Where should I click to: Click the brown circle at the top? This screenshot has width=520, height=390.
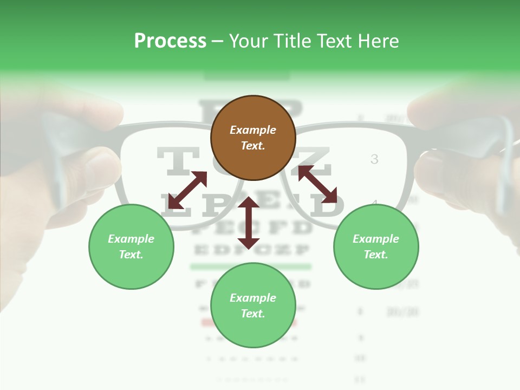[253, 138]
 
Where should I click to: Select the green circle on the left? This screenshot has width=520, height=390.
[131, 246]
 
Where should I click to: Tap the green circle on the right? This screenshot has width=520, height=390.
[376, 246]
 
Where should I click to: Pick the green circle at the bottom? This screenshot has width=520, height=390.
[253, 305]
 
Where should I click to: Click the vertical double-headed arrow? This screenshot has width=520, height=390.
[249, 223]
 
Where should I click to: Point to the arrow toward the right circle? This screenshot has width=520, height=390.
[317, 184]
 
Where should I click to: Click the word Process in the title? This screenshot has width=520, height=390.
[170, 41]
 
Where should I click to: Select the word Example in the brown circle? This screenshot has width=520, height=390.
[253, 130]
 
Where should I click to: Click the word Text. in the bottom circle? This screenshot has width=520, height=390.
[253, 314]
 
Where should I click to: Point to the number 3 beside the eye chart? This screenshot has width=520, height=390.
[374, 159]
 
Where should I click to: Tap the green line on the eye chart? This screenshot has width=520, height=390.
[250, 266]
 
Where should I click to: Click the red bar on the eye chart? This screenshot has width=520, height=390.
[209, 323]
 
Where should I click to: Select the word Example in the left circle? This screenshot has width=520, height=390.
[131, 239]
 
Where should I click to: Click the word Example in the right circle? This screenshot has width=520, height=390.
[376, 239]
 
